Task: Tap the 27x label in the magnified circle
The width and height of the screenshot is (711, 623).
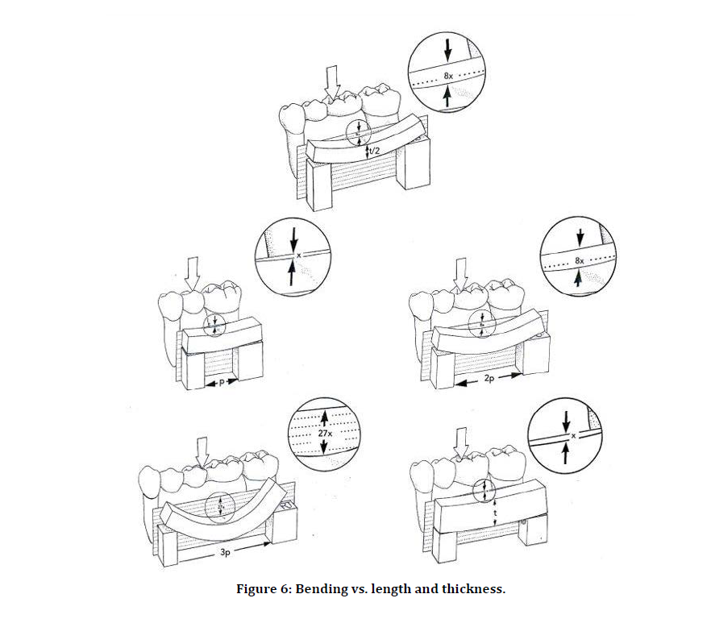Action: coord(325,434)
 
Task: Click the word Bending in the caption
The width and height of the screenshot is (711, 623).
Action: coord(322,589)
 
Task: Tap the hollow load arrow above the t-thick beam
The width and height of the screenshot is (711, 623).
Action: coord(461,442)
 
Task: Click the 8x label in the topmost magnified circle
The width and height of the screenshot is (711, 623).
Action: coord(448,76)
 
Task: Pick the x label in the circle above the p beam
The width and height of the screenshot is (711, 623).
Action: coord(298,255)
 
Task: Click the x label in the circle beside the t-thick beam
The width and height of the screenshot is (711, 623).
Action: coord(573,435)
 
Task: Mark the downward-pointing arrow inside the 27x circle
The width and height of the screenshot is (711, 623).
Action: coord(324,449)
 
